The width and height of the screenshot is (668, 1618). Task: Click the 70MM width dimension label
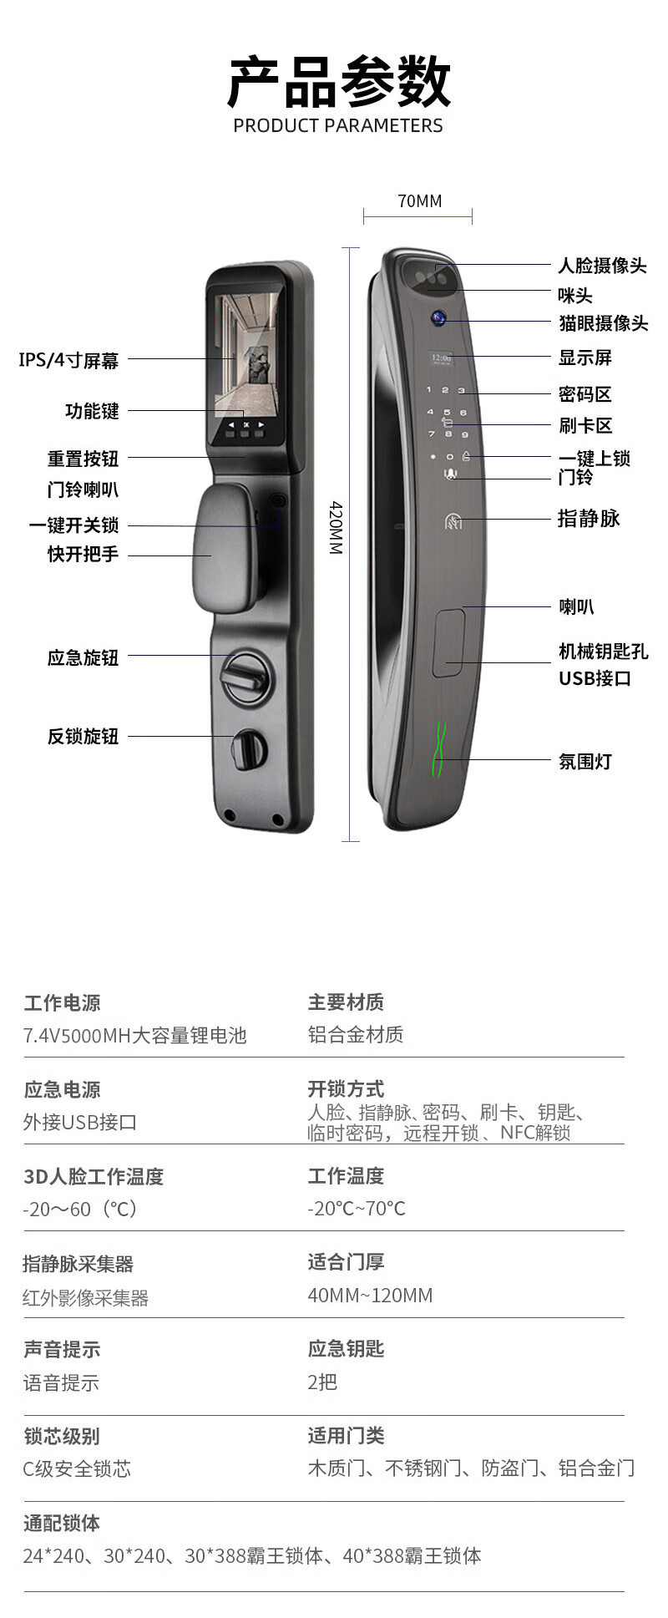[x=419, y=201]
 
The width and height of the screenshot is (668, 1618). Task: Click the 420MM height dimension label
[x=336, y=528]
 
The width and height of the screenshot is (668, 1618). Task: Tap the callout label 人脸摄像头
[x=602, y=266]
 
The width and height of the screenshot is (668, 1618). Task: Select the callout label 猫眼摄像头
[x=603, y=323]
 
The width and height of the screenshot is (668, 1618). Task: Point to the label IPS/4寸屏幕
[x=68, y=360]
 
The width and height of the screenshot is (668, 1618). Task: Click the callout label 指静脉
[x=589, y=519]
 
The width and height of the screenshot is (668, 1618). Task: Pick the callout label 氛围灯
[x=584, y=761]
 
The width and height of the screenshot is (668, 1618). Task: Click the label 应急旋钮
[x=83, y=657]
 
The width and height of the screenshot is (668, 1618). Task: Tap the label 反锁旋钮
[x=83, y=736]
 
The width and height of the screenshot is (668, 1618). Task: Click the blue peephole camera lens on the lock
[x=438, y=317]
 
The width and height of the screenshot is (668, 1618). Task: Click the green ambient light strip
[x=439, y=748]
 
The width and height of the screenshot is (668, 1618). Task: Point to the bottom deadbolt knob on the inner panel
[x=248, y=749]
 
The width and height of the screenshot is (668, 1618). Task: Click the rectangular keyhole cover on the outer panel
[x=448, y=642]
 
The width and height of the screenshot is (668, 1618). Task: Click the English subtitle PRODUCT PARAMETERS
[x=338, y=126]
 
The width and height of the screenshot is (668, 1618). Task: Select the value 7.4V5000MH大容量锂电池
[x=135, y=1036]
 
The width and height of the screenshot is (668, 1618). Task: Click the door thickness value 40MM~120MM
[x=370, y=1296]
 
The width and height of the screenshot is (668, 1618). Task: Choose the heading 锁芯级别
[x=62, y=1436]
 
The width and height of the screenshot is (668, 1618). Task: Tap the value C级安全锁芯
[x=77, y=1468]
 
